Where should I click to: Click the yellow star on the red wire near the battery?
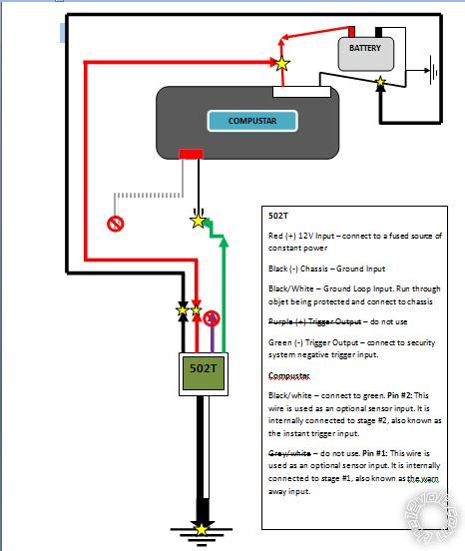click(282, 63)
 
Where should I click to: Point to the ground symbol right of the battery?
click(435, 71)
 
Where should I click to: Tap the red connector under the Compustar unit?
click(191, 155)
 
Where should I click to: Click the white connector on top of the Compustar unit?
click(301, 91)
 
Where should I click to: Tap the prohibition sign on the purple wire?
click(212, 318)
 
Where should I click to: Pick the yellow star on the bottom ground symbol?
click(203, 528)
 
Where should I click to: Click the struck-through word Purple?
click(284, 321)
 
